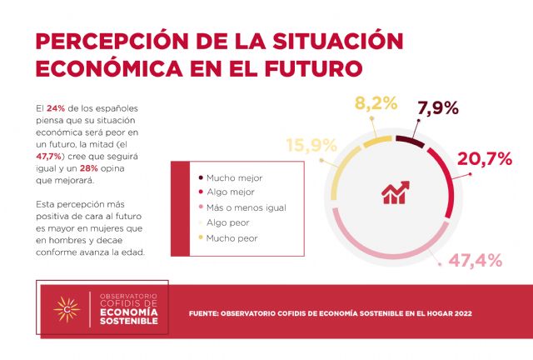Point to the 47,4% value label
pos(476,260)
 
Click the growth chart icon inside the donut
pos(396,192)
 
